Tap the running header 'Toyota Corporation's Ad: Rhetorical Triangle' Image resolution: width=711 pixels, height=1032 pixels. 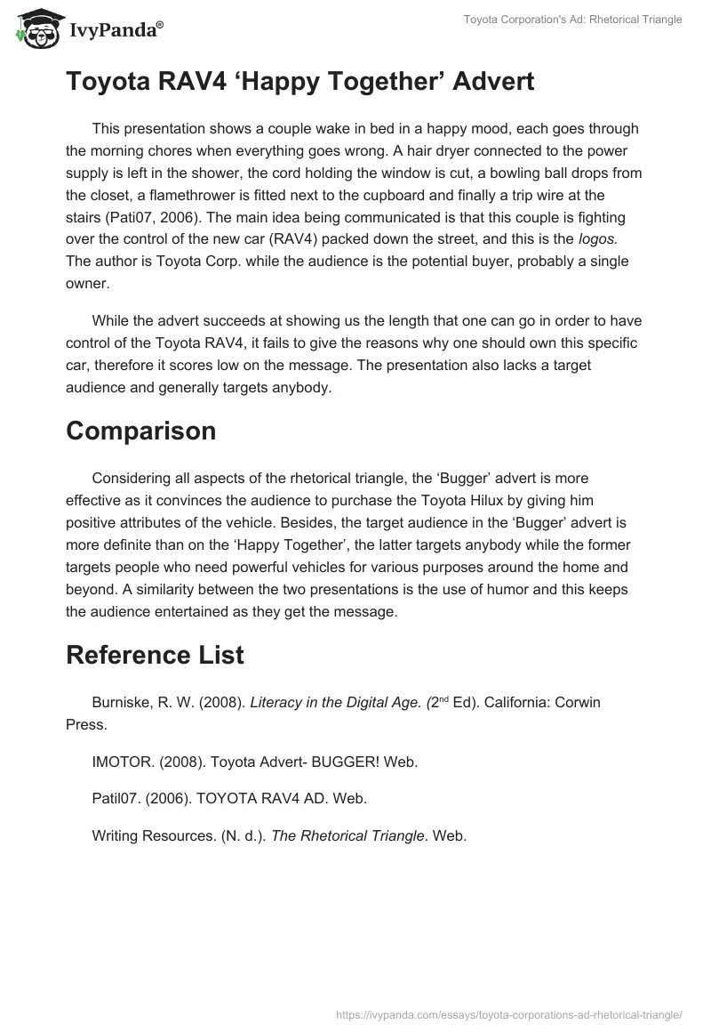point(572,20)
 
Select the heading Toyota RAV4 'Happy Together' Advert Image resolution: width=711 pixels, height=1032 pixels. point(300,82)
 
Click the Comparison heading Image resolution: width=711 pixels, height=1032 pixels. point(140,431)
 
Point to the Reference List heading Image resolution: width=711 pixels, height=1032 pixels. point(155,655)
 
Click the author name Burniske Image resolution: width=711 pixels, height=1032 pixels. point(123,702)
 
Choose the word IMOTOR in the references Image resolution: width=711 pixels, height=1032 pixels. point(121,762)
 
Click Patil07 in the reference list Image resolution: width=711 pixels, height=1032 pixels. point(116,799)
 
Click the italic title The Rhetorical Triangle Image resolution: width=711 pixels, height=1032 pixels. point(348,835)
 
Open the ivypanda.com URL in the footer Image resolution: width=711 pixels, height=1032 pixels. point(509,1013)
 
